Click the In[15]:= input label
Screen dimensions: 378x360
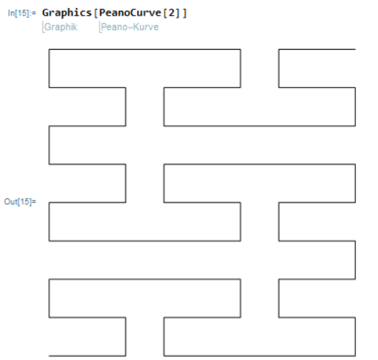(22, 13)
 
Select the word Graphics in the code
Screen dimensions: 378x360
(67, 13)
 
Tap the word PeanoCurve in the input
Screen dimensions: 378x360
(130, 13)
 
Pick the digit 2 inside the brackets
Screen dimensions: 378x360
(171, 13)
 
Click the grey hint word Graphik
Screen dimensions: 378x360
(61, 27)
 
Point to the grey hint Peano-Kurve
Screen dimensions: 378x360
(130, 27)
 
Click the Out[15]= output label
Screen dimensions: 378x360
(20, 201)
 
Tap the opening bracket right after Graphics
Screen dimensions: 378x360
(95, 13)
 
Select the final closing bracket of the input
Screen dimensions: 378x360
(185, 13)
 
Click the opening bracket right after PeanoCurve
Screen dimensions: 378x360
(165, 13)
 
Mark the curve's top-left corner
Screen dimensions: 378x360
(49, 50)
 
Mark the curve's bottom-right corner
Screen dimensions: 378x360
(355, 356)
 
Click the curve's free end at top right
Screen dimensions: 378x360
(355, 50)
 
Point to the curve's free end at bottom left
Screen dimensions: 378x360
(49, 356)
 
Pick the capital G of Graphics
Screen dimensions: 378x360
(45, 13)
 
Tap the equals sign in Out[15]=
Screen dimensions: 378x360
(34, 201)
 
